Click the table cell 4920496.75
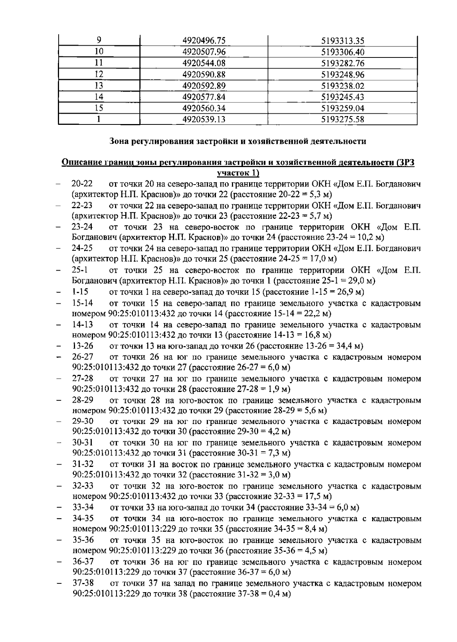[x=204, y=41]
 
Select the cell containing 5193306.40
[x=343, y=52]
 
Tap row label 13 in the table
[x=99, y=86]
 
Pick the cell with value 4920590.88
[x=204, y=75]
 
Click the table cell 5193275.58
[x=343, y=119]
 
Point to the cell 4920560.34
[x=204, y=108]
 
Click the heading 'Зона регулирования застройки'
[x=238, y=142]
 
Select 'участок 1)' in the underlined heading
[x=238, y=174]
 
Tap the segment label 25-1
[x=80, y=271]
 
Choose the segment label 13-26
[x=83, y=346]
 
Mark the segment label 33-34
[x=83, y=507]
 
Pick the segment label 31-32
[x=83, y=464]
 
